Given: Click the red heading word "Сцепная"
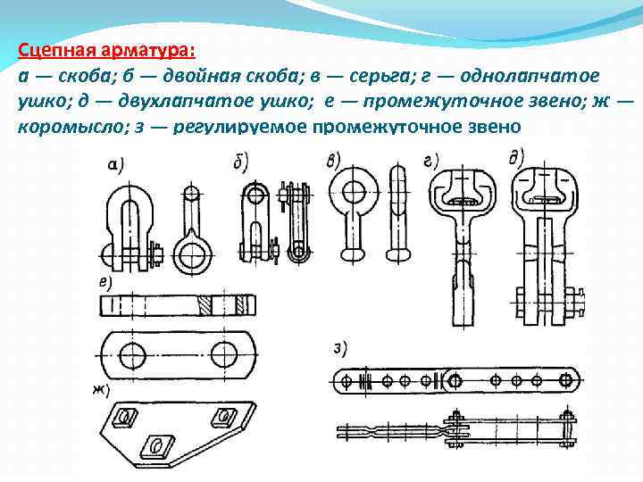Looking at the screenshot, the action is (55, 51).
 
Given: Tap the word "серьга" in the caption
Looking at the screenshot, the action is (380, 77).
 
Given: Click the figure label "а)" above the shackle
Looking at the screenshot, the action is (115, 165).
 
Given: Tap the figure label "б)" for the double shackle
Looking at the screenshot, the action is (240, 162).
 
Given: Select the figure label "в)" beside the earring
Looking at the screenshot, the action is (333, 162).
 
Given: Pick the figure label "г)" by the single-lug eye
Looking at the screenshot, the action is (430, 162).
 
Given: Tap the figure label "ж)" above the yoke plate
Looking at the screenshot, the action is (101, 391).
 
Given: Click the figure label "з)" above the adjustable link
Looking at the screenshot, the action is (340, 350).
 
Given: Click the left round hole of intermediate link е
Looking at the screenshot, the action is (133, 354).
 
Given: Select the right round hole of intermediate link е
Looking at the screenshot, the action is (225, 353).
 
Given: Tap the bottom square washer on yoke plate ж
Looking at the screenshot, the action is (157, 445).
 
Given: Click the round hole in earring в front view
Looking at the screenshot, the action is (354, 192).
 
